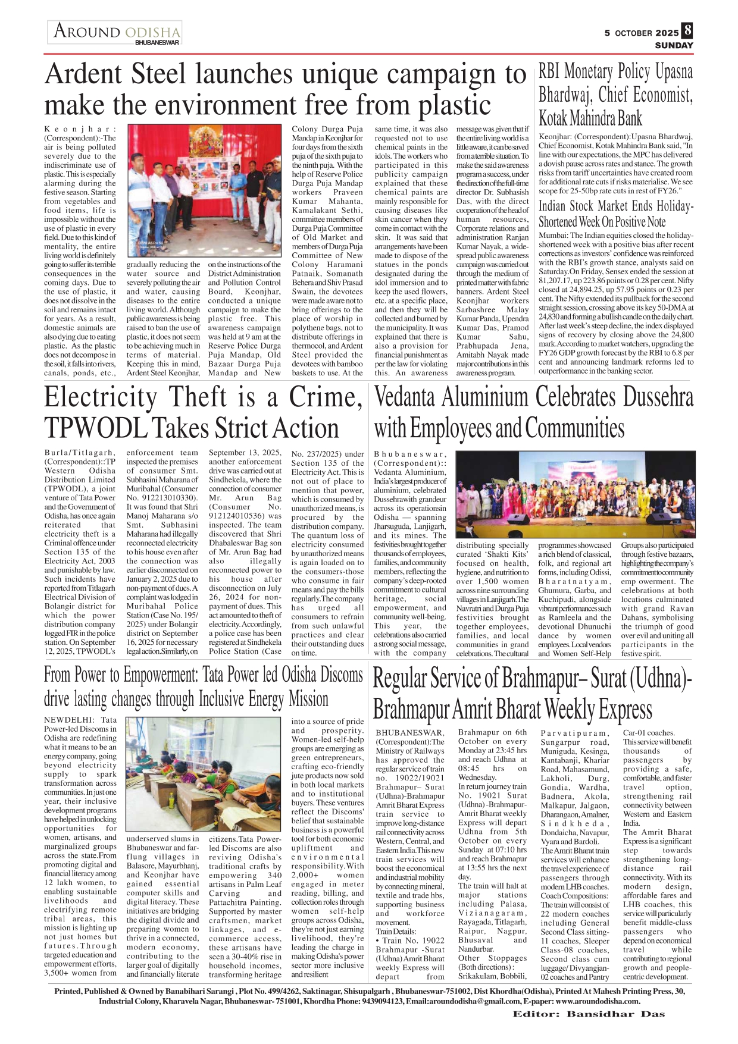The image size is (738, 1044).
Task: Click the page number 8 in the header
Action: (687, 30)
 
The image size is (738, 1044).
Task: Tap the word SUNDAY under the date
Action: (674, 45)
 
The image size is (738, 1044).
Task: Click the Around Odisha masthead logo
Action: (115, 32)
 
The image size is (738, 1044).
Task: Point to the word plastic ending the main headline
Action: (456, 106)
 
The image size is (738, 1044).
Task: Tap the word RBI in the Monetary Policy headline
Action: (549, 72)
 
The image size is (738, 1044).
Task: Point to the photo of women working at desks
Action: (204, 775)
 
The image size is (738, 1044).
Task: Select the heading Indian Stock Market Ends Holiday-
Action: (615, 207)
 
